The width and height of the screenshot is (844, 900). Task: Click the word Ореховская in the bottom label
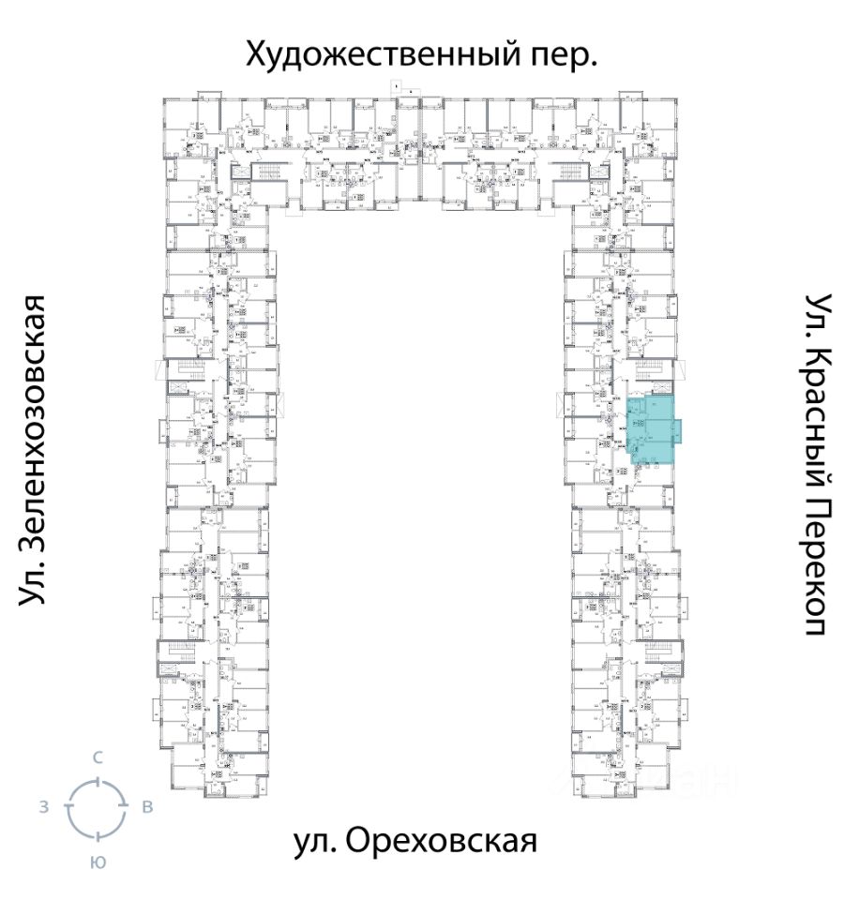point(442,841)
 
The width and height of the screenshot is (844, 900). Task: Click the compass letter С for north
point(97,757)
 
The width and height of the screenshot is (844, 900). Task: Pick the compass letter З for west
point(44,806)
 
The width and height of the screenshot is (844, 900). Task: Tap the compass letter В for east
point(147,806)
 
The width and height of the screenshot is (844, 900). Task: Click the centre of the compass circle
point(97,807)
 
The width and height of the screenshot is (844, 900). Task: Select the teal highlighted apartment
point(650,431)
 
